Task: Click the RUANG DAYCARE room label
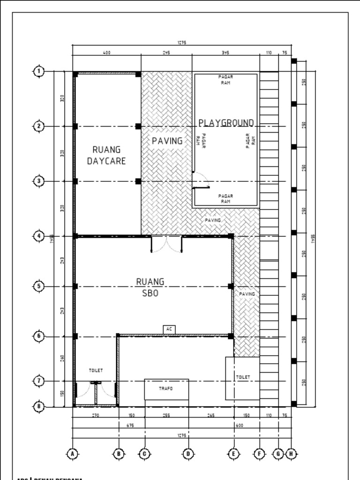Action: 106,155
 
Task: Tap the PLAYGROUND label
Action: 226,123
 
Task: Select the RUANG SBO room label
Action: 150,287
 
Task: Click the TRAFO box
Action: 166,389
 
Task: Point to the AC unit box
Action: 170,330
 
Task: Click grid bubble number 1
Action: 39,71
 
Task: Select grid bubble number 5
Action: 39,286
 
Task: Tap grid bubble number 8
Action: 39,406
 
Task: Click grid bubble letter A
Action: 72,453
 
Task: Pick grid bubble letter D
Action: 188,453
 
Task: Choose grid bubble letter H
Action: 292,453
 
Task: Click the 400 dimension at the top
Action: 106,53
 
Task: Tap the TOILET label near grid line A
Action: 96,370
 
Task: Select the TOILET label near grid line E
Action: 243,377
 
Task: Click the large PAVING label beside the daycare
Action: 167,141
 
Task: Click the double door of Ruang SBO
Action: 166,244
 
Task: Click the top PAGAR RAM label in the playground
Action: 225,79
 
